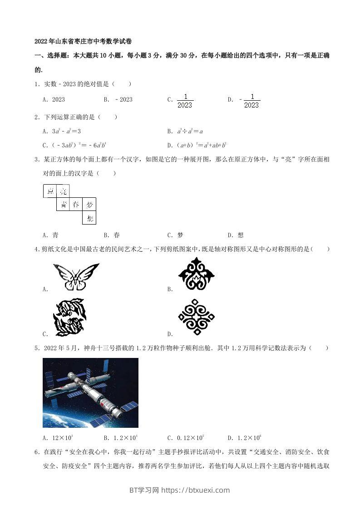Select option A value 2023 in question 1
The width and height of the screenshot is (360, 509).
tap(58, 100)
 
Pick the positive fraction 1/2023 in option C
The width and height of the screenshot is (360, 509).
tap(184, 101)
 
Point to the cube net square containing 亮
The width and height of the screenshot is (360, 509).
tap(63, 191)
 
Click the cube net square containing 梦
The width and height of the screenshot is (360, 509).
tap(89, 205)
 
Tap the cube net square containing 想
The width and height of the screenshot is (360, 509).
tap(89, 218)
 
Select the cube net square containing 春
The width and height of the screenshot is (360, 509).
tap(76, 205)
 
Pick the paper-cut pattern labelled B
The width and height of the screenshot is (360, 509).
tap(196, 274)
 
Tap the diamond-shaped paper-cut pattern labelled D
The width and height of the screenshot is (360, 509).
tap(196, 317)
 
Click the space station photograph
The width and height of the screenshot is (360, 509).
tap(90, 392)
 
